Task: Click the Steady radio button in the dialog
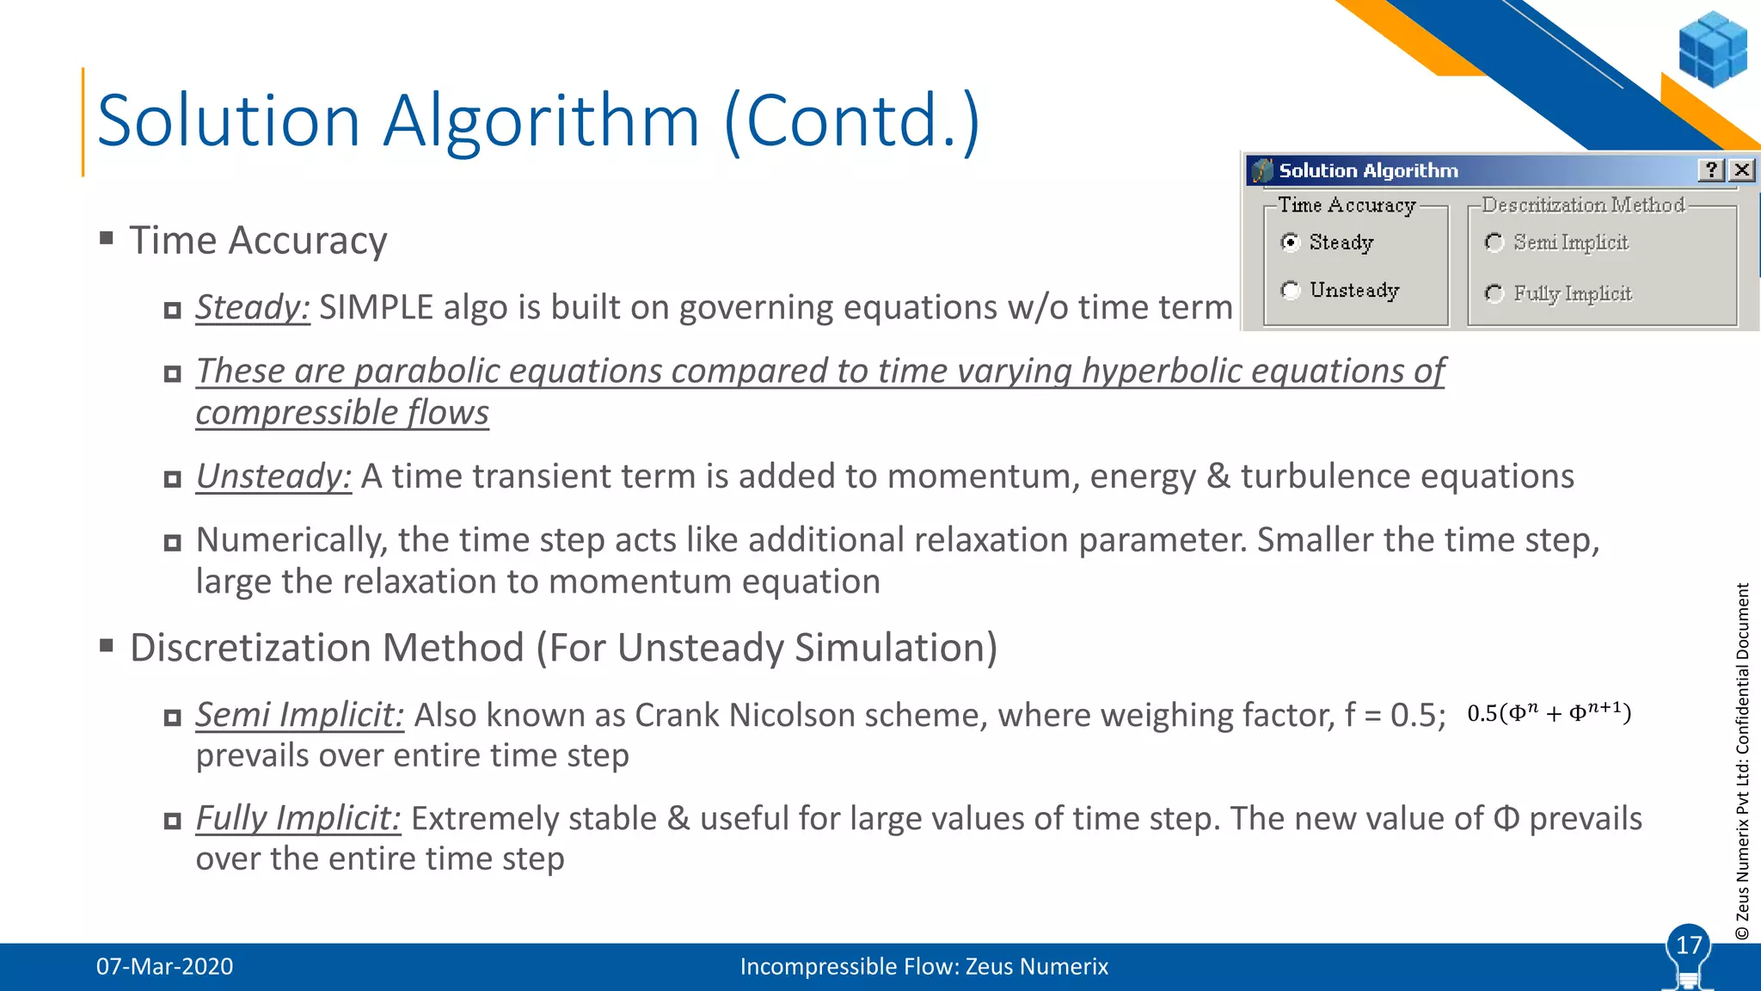[x=1290, y=243]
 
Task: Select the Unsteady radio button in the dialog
[x=1290, y=291]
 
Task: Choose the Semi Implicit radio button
[x=1494, y=243]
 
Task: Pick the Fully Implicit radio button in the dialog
[x=1494, y=294]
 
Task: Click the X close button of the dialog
[x=1742, y=170]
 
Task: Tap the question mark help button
[x=1711, y=170]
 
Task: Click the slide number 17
[x=1689, y=945]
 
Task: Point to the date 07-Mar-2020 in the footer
[x=164, y=966]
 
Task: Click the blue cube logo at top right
[x=1713, y=49]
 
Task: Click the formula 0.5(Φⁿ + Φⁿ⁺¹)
[x=1549, y=713]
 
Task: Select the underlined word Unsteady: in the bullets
[x=273, y=477]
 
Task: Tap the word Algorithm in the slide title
[x=541, y=120]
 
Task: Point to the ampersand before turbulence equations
[x=1218, y=477]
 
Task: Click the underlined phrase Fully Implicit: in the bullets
[x=298, y=818]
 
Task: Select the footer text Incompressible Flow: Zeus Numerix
[x=923, y=966]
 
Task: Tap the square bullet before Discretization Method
[x=107, y=645]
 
